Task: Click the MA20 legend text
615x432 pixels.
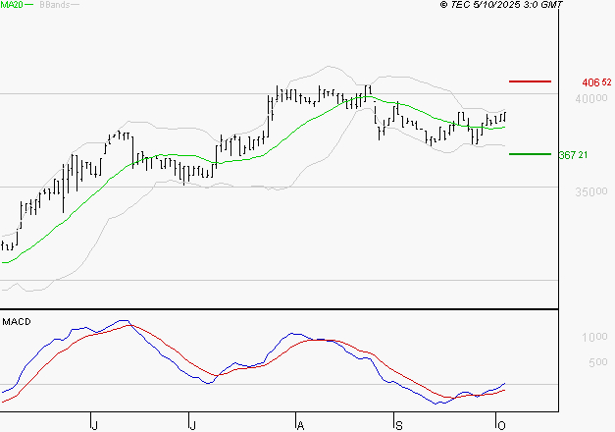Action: (11, 6)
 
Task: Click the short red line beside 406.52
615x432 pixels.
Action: (531, 81)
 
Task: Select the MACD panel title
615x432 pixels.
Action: (17, 321)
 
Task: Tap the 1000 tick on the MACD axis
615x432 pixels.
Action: (594, 338)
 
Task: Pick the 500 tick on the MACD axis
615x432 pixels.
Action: (597, 362)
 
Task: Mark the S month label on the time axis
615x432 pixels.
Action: (398, 423)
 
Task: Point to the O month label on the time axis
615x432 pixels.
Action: (499, 423)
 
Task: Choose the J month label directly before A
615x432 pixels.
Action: (193, 423)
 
